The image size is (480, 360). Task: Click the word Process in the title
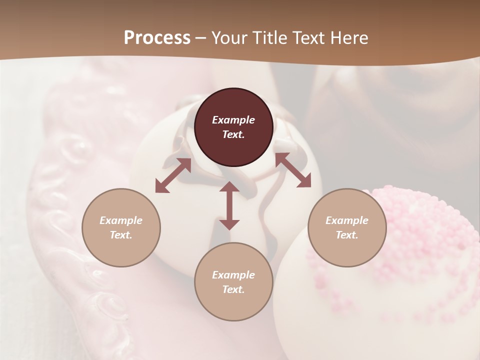point(157,38)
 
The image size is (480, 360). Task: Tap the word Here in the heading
point(348,38)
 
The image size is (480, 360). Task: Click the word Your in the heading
point(230,38)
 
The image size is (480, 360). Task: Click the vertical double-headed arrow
point(229,205)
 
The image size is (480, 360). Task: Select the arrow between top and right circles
point(293,170)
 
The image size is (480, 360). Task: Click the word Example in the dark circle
point(233,120)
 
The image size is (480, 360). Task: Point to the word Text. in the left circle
point(121,235)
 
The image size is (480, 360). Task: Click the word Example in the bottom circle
point(233,275)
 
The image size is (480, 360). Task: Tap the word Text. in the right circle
point(347,235)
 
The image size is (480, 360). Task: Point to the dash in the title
point(201,38)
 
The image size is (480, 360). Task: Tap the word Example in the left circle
point(121,220)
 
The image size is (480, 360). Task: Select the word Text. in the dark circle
point(233,134)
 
